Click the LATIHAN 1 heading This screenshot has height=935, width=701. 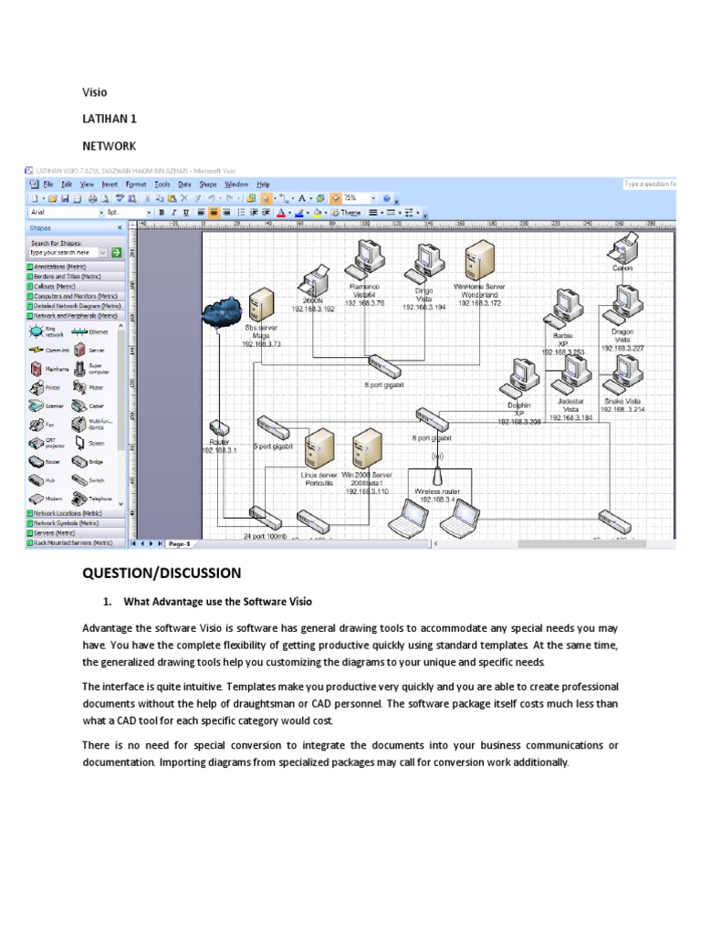(x=109, y=119)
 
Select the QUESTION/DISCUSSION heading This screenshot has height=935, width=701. (x=162, y=573)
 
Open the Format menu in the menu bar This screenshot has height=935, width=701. (x=135, y=184)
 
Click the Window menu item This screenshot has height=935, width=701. (x=235, y=184)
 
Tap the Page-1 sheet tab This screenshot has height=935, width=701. (x=179, y=543)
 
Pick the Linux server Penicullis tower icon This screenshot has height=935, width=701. (x=320, y=449)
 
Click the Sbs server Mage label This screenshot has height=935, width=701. (x=261, y=334)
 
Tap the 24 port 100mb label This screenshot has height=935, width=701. (x=265, y=537)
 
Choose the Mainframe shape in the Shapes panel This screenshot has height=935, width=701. (x=36, y=369)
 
